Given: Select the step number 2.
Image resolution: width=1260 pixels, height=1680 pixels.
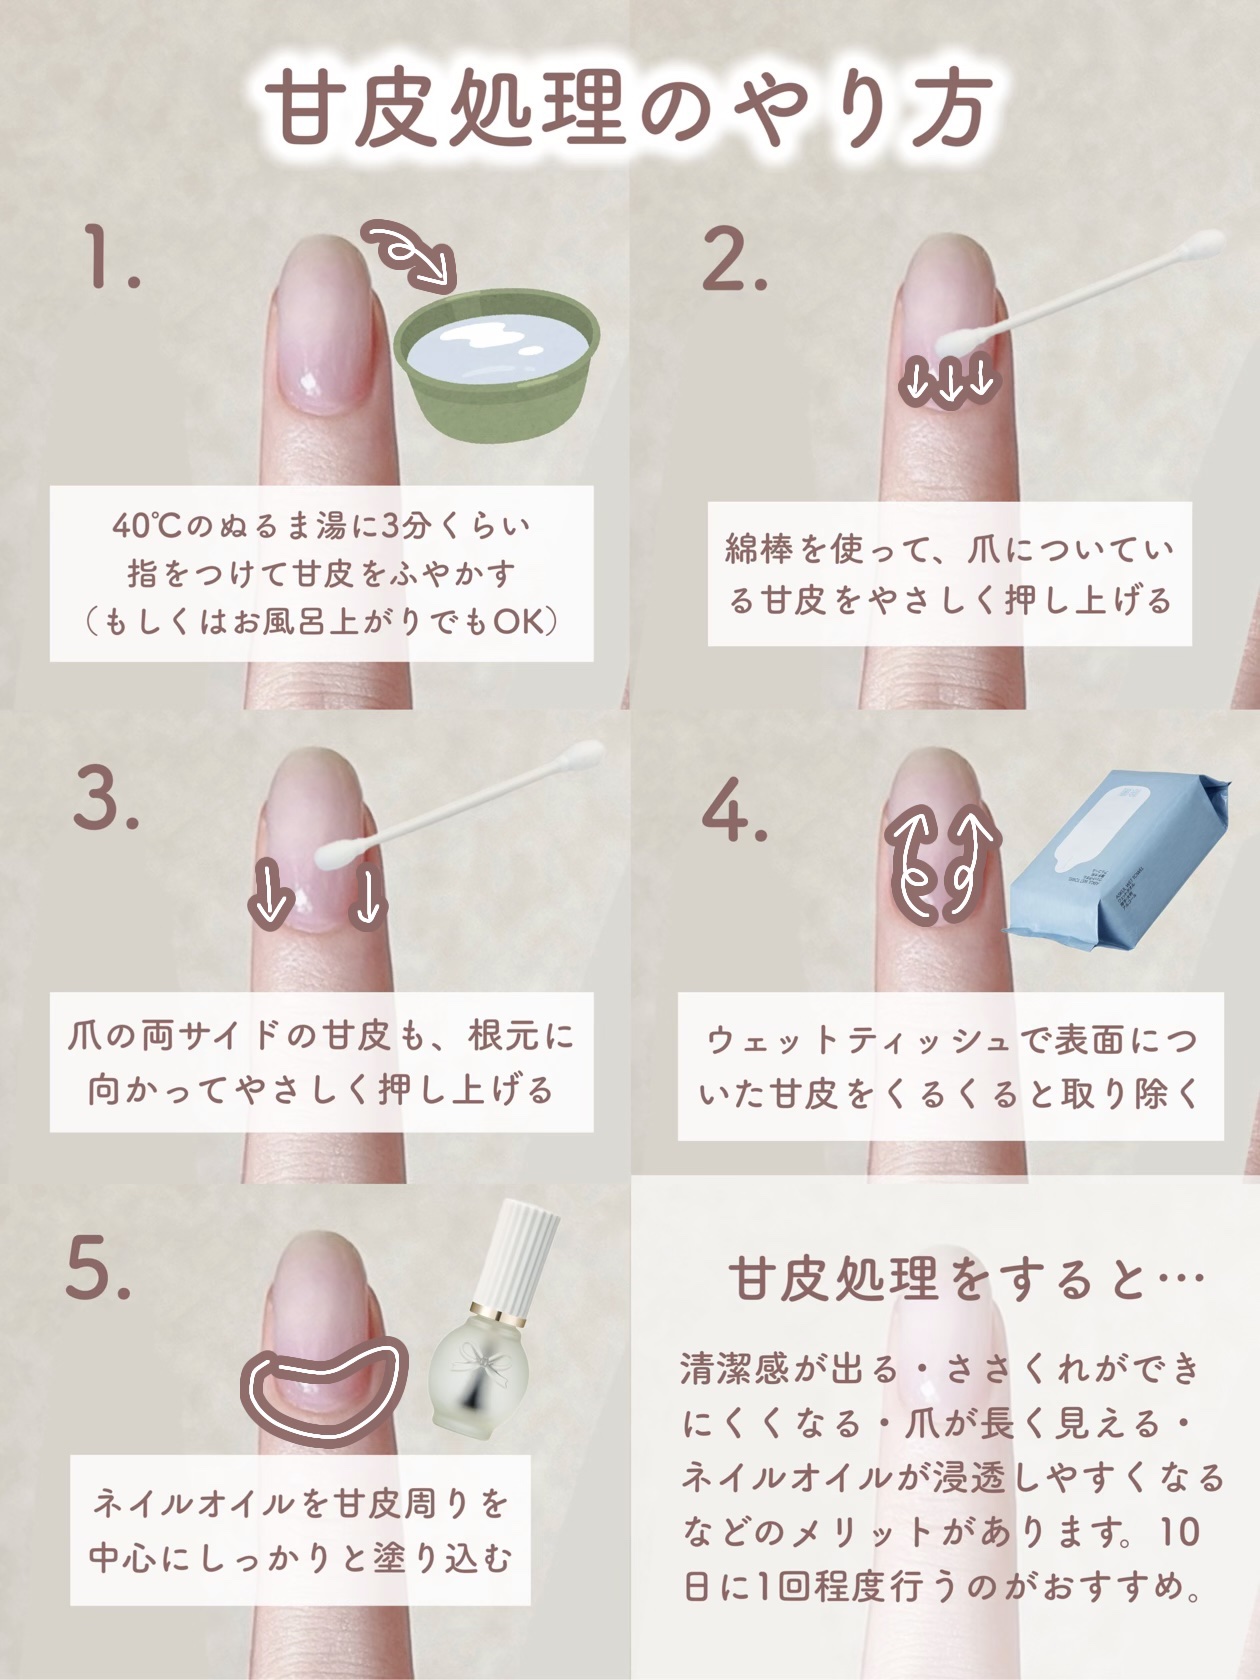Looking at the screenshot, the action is tap(734, 259).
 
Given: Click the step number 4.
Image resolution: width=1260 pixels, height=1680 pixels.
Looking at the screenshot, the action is tap(734, 811).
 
